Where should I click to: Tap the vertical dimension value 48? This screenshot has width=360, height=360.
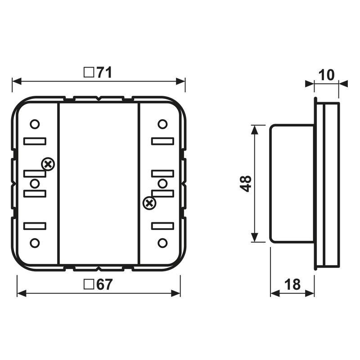[x=245, y=184]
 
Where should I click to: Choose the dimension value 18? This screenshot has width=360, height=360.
[x=292, y=284]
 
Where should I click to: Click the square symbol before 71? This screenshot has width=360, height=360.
[x=89, y=72]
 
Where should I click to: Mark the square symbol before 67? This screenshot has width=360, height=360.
[x=89, y=285]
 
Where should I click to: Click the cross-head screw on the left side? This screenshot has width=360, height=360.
[x=48, y=165]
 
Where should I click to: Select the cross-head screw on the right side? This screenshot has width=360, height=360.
[x=148, y=203]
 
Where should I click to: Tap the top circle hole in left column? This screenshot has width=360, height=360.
[x=35, y=124]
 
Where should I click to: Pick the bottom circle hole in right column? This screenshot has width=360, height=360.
[x=162, y=243]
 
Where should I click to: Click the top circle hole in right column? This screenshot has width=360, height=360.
[x=162, y=124]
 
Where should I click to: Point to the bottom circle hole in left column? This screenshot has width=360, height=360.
[x=35, y=243]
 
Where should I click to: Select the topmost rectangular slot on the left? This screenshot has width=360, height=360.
[x=35, y=141]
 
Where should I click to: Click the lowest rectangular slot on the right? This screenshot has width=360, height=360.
[x=162, y=226]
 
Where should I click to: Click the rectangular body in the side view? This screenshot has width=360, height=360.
[x=292, y=184]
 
